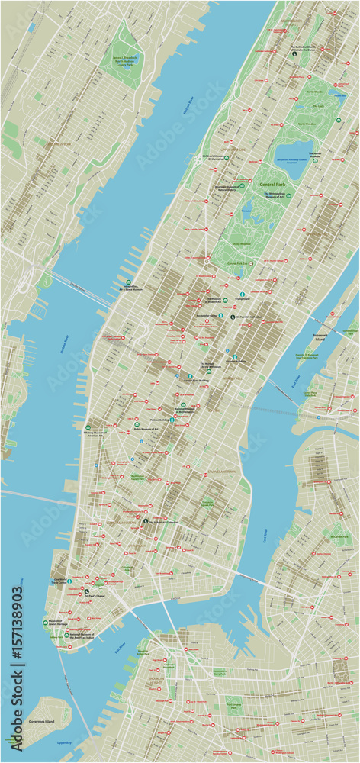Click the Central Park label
coord(273,185)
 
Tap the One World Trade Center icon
coord(70,581)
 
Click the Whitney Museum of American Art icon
coord(88,427)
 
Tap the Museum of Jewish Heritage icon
coord(46,623)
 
